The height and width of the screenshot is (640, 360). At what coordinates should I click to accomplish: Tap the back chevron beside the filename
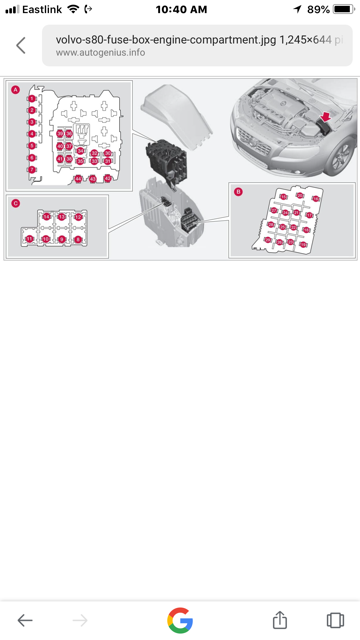click(x=21, y=46)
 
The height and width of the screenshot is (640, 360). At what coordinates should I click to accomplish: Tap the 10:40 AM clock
click(x=180, y=9)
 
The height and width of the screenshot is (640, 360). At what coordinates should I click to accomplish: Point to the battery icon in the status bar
click(x=341, y=9)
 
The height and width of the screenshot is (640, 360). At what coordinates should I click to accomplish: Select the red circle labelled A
click(x=15, y=90)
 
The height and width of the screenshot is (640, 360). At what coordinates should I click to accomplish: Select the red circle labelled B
click(x=238, y=190)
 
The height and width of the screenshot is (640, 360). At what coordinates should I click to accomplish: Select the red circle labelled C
click(x=15, y=203)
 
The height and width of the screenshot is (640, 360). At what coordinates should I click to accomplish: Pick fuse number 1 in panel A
click(x=32, y=98)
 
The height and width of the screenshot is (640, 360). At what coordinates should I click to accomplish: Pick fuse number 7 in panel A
click(x=32, y=169)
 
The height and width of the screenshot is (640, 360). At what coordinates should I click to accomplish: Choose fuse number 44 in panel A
click(x=78, y=178)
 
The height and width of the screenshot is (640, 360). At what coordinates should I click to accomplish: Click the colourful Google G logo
click(x=180, y=620)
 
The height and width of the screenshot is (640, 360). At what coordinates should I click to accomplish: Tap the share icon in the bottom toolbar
click(x=281, y=620)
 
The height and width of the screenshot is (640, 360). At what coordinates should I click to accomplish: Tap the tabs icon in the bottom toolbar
click(x=335, y=620)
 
